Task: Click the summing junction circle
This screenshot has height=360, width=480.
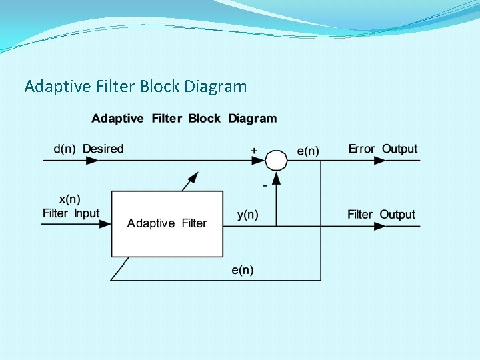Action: [277, 161]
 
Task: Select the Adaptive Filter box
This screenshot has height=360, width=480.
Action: [167, 223]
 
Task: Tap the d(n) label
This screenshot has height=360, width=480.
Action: [65, 149]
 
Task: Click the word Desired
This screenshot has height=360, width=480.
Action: [103, 149]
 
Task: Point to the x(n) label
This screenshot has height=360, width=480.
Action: [70, 199]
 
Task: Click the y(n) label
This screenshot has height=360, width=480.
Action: [248, 215]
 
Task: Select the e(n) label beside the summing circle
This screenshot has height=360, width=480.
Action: [308, 151]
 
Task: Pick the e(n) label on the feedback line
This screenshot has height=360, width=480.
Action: [242, 270]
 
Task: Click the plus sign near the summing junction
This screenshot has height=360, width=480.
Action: [254, 151]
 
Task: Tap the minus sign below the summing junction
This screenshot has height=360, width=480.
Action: [265, 185]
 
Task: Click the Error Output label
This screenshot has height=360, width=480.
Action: [383, 149]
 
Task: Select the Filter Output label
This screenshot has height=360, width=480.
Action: [381, 215]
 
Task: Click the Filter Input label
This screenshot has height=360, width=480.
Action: [71, 213]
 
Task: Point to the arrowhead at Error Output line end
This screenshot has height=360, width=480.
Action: [379, 161]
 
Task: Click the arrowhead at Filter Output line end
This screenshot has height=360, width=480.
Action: [379, 226]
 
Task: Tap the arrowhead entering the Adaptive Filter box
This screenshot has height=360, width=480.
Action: [105, 225]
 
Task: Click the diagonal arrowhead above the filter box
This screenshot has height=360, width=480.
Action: [193, 177]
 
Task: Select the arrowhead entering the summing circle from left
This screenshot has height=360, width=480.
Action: [260, 161]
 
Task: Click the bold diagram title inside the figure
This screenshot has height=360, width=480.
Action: [184, 119]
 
